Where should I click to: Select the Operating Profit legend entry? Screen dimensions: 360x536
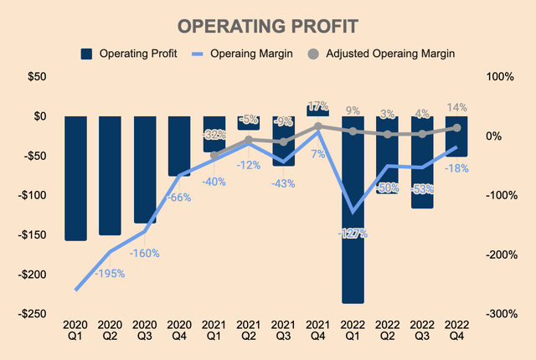tap(131, 54)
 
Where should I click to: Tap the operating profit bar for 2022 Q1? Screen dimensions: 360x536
tap(353, 209)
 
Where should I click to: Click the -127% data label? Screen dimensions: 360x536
tap(352, 234)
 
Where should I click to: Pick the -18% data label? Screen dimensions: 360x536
tap(457, 167)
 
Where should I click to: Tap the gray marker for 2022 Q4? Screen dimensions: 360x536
tap(457, 128)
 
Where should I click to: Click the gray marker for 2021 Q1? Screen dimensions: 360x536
tap(214, 155)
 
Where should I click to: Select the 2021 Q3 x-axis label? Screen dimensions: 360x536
tap(283, 329)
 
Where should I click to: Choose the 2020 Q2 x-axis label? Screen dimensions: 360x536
tap(110, 329)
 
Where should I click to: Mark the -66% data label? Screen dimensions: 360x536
tap(179, 198)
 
